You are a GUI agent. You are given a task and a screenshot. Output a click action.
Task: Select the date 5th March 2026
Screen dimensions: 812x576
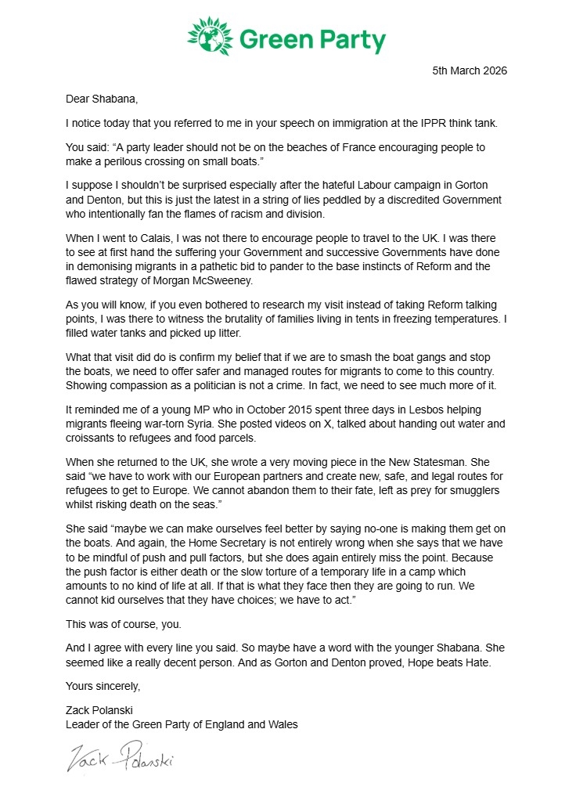tap(470, 71)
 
